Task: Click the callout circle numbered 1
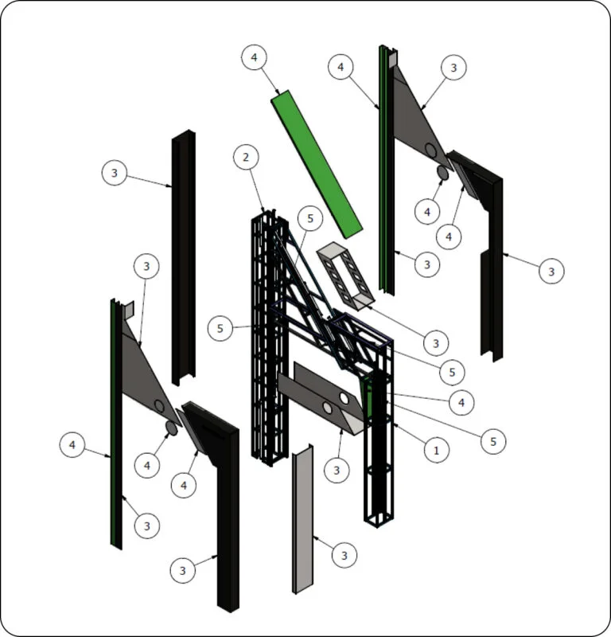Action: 437,450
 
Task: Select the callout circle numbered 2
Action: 246,157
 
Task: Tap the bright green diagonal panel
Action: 317,164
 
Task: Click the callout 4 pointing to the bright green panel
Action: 254,57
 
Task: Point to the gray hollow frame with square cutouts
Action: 345,276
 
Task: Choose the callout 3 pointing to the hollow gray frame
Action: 436,343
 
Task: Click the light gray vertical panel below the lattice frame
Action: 303,519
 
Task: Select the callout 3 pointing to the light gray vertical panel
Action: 344,555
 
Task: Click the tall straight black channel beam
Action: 184,257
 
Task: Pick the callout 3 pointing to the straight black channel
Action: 114,173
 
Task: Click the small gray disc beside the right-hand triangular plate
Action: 442,172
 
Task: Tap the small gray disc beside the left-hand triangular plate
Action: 171,428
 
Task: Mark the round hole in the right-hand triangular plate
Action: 431,149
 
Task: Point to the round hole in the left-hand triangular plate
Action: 159,406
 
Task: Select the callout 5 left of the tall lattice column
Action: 220,328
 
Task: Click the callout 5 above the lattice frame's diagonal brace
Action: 310,218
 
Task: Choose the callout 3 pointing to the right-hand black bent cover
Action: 551,272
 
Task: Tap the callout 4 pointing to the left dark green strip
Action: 72,445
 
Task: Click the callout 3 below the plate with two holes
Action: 337,470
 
